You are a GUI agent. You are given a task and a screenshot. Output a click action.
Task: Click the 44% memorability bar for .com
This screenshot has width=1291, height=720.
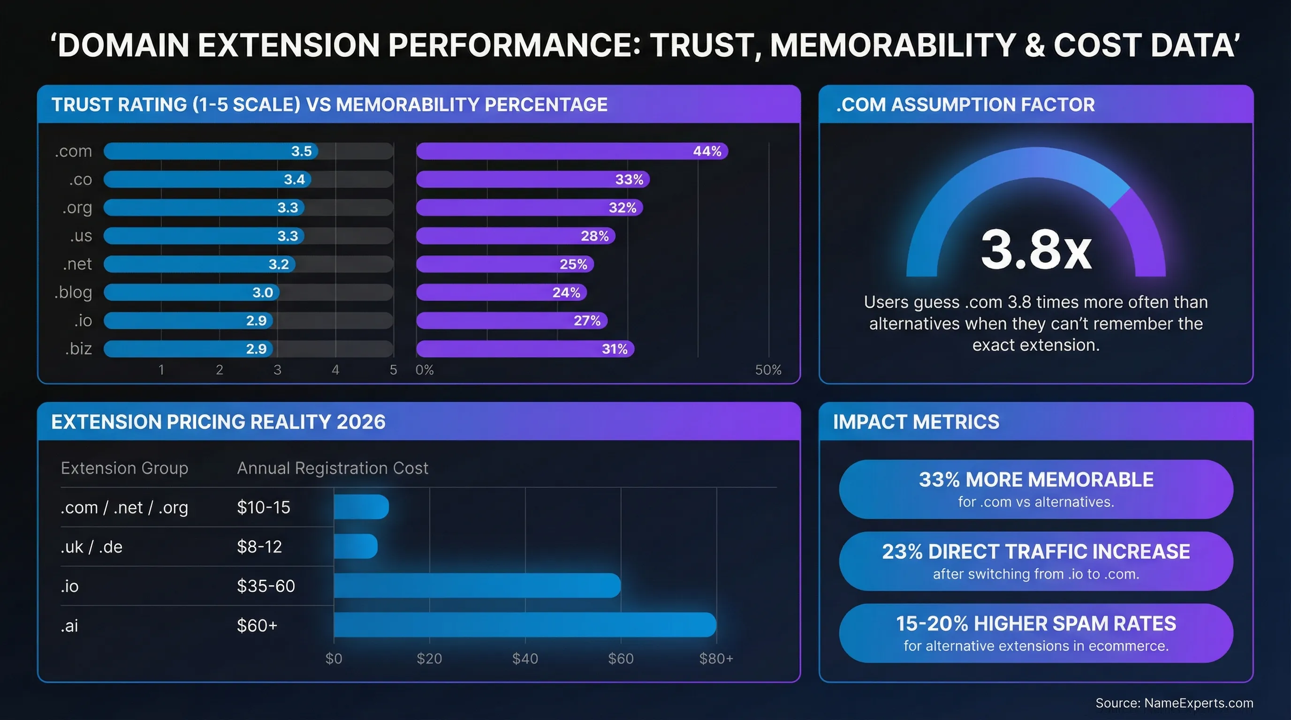pyautogui.click(x=571, y=151)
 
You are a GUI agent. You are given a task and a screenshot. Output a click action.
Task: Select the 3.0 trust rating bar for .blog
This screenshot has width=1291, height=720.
pyautogui.click(x=191, y=292)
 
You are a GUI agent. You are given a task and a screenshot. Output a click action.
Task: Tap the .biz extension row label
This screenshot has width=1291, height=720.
pyautogui.click(x=78, y=348)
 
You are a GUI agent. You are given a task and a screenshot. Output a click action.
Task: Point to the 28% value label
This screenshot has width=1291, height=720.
pyautogui.click(x=594, y=236)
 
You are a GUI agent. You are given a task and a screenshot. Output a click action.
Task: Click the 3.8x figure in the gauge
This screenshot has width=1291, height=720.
pyautogui.click(x=1035, y=250)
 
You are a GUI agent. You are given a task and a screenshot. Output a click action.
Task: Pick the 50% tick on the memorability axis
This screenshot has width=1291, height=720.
pyautogui.click(x=768, y=370)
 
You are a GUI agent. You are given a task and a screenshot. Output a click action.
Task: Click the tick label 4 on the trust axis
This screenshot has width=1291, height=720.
pyautogui.click(x=335, y=370)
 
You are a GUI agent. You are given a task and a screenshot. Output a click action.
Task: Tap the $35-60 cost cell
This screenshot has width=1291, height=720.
pyautogui.click(x=266, y=586)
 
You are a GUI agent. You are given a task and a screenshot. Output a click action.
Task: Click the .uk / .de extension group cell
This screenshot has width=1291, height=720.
pyautogui.click(x=91, y=547)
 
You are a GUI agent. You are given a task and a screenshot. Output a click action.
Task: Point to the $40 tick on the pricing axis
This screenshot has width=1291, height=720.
pyautogui.click(x=525, y=659)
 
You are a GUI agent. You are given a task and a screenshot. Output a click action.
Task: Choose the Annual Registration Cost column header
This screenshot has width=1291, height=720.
pyautogui.click(x=332, y=468)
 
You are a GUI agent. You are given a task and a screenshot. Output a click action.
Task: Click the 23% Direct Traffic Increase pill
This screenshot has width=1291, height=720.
pyautogui.click(x=1035, y=561)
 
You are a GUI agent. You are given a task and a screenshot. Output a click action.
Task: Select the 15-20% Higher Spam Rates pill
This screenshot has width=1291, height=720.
pyautogui.click(x=1035, y=633)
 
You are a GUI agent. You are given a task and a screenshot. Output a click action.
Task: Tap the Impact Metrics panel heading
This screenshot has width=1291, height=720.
pyautogui.click(x=916, y=421)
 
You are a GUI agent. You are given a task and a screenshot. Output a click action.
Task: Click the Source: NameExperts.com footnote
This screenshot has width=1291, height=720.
pyautogui.click(x=1174, y=703)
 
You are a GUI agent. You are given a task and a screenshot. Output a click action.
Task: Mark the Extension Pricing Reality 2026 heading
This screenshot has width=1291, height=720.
pyautogui.click(x=218, y=421)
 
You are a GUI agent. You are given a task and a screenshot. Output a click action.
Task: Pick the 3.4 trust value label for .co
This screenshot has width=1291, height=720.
pyautogui.click(x=294, y=179)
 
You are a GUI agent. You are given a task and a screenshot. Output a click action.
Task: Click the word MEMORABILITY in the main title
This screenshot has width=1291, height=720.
pyautogui.click(x=893, y=45)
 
